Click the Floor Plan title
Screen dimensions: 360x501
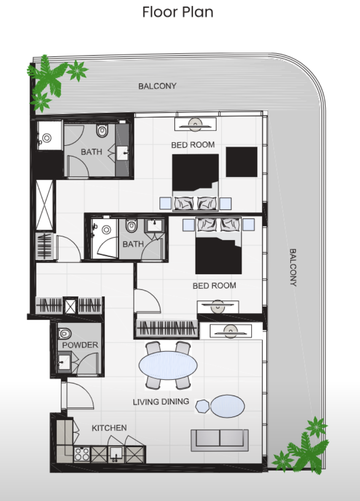tap(177, 12)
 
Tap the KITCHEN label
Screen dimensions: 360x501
tap(109, 428)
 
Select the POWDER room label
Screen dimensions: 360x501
tap(80, 345)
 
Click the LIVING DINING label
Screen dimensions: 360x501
tap(161, 401)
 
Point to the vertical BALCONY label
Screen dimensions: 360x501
tap(293, 267)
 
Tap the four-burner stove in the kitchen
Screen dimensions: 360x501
tap(82, 454)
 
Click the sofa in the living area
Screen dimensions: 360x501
tap(220, 440)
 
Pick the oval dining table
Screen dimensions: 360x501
tap(168, 365)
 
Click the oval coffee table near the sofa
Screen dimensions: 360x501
tap(228, 406)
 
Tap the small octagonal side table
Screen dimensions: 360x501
tap(202, 407)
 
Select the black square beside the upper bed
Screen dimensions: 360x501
tap(242, 162)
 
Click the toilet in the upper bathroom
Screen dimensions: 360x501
tap(102, 130)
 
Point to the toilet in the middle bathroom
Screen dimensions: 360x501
tap(131, 226)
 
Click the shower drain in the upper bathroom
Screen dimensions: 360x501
tap(47, 138)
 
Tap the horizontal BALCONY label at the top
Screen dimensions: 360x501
tap(157, 86)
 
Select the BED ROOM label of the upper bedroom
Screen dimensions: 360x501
tap(193, 145)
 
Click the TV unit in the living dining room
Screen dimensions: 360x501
tap(231, 331)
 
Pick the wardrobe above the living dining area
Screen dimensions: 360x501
tap(167, 328)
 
